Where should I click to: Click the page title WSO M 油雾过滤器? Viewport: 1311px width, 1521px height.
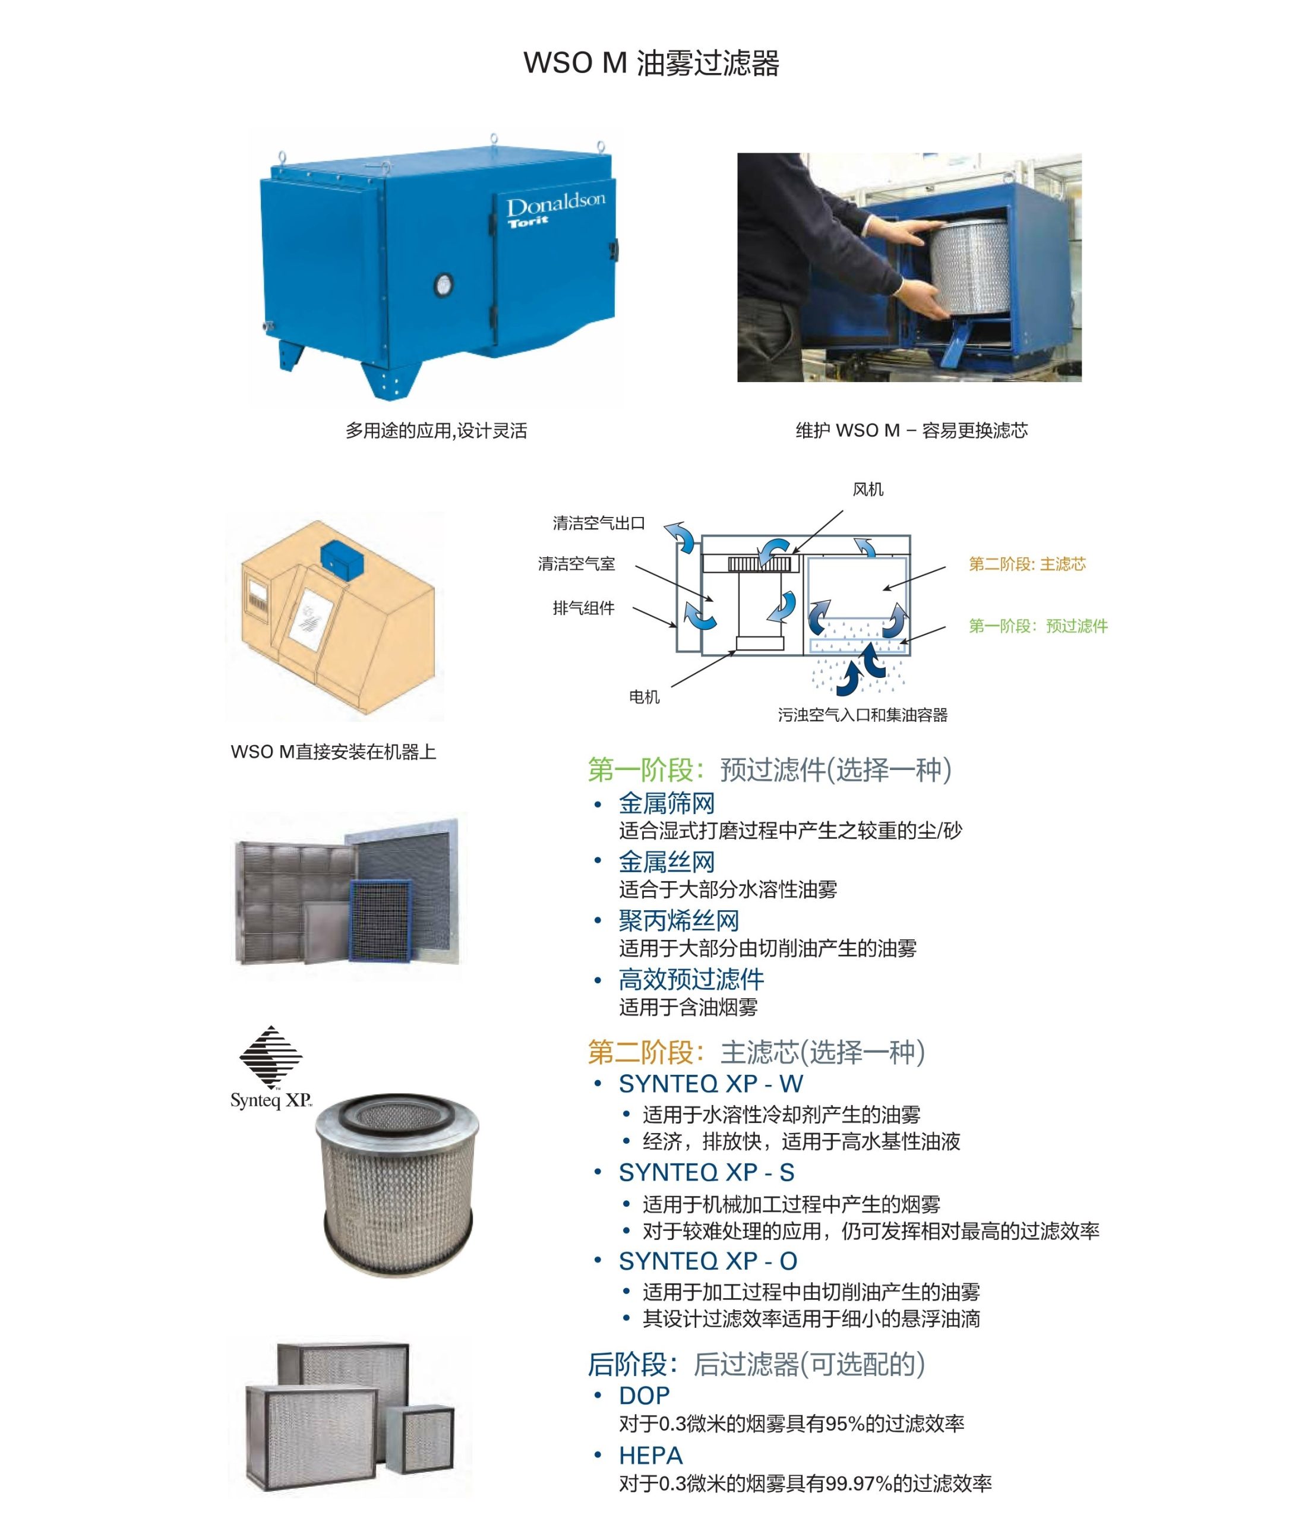[651, 63]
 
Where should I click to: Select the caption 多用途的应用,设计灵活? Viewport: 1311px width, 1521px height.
[436, 431]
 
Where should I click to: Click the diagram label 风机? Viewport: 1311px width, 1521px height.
[868, 490]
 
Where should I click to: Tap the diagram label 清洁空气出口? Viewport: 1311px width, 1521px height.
[599, 523]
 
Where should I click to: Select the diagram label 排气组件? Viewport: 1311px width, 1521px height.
[583, 608]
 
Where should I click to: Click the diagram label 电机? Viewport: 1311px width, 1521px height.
[645, 697]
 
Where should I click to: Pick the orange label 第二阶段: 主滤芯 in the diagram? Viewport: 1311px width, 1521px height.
[1027, 564]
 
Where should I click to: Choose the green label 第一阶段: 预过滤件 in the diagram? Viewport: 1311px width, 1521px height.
[1038, 626]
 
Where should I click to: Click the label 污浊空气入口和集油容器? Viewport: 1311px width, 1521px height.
[863, 714]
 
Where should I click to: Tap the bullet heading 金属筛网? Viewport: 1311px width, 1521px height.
[666, 803]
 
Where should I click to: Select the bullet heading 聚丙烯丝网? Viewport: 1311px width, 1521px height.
[678, 920]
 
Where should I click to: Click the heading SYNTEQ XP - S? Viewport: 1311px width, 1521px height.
[706, 1172]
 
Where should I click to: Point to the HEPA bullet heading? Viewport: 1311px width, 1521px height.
[650, 1454]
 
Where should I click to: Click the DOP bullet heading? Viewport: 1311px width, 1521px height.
[644, 1394]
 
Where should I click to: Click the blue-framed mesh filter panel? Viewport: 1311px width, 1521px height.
[380, 919]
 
